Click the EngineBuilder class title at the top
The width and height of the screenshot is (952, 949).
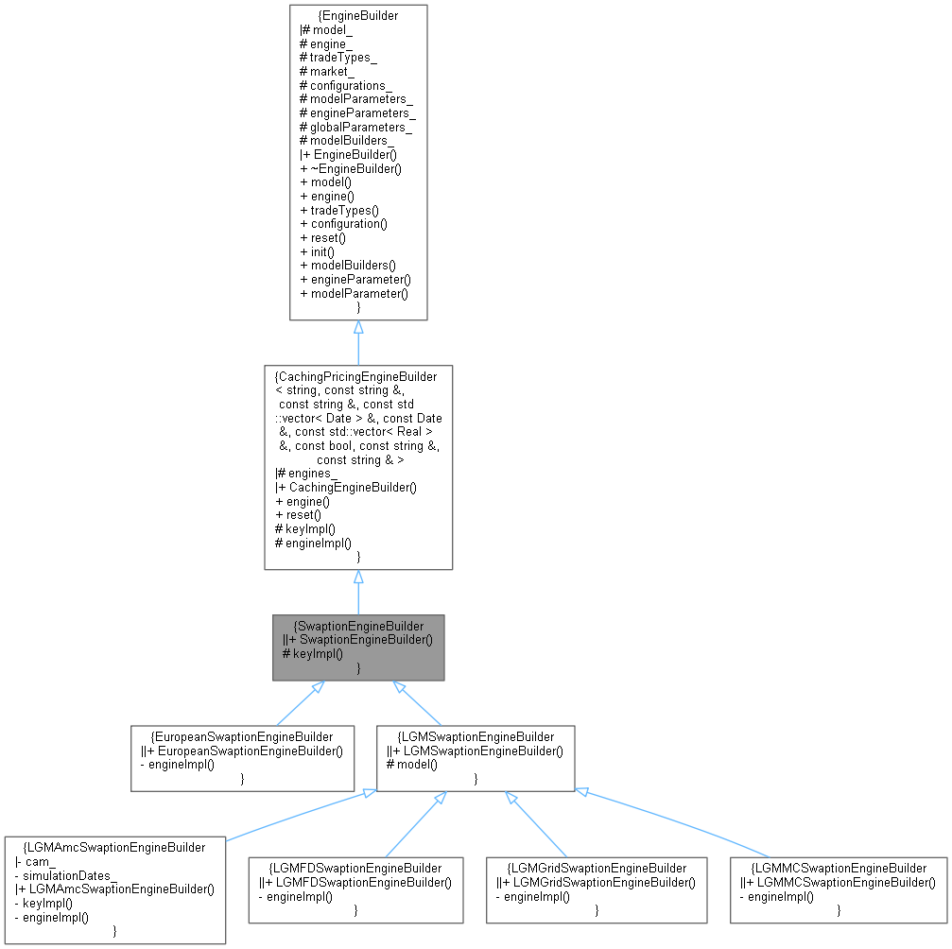click(358, 15)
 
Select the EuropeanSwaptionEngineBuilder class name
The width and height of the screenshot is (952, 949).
click(245, 736)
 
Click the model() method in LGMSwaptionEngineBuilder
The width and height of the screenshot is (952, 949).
click(416, 765)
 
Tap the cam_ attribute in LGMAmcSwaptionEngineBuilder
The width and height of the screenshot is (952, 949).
click(39, 861)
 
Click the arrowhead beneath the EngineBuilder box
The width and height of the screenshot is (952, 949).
click(358, 327)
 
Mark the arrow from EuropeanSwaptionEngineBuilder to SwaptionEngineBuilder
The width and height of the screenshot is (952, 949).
click(295, 703)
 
